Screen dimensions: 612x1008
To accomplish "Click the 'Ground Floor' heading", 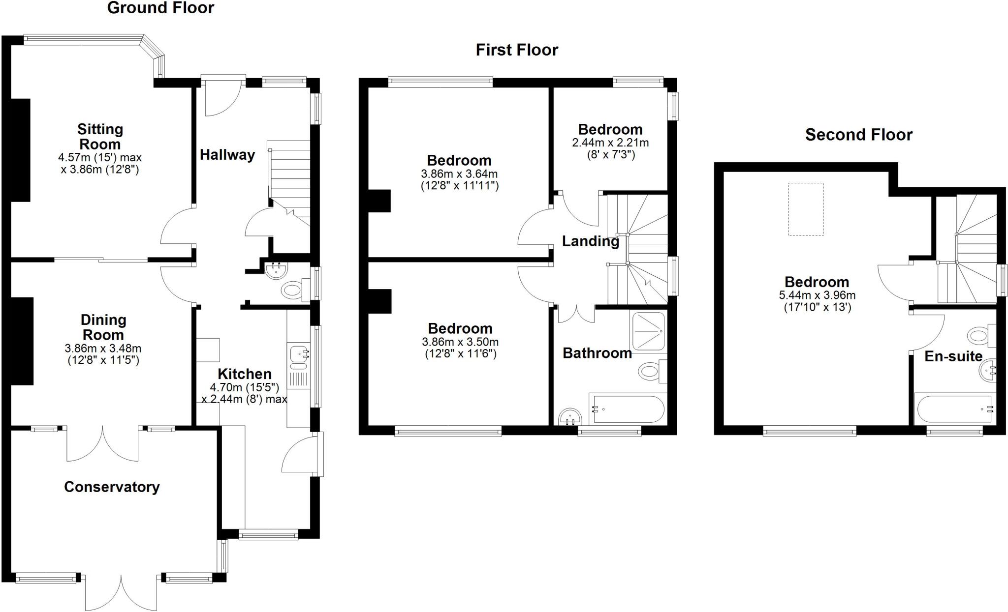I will coord(160,8).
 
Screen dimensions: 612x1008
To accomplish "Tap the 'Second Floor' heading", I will coord(858,135).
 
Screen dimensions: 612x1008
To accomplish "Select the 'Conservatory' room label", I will coord(112,487).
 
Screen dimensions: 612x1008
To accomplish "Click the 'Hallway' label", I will coord(227,155).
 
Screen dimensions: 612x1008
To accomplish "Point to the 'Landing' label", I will coord(590,241).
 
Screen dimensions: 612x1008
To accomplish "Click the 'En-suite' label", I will coord(953,356).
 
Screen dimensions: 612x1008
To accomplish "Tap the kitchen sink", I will coord(298,353).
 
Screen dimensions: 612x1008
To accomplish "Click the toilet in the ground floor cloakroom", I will coord(291,290).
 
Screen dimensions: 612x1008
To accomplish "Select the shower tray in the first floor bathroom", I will coord(649,331).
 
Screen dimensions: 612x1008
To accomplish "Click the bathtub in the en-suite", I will coord(953,408).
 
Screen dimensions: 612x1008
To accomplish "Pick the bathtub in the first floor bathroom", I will coord(628,408).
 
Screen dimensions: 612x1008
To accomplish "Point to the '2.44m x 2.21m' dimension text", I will coord(610,143).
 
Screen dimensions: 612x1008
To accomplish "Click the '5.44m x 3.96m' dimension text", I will coord(817,295).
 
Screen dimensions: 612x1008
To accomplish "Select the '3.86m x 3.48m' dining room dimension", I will coord(103,349).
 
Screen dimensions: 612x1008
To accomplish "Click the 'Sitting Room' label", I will coord(100,137).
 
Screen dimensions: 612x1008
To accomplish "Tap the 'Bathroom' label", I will coord(597,353).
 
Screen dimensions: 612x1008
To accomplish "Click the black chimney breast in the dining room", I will coord(22,341).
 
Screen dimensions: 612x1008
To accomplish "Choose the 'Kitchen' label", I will coord(245,374).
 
